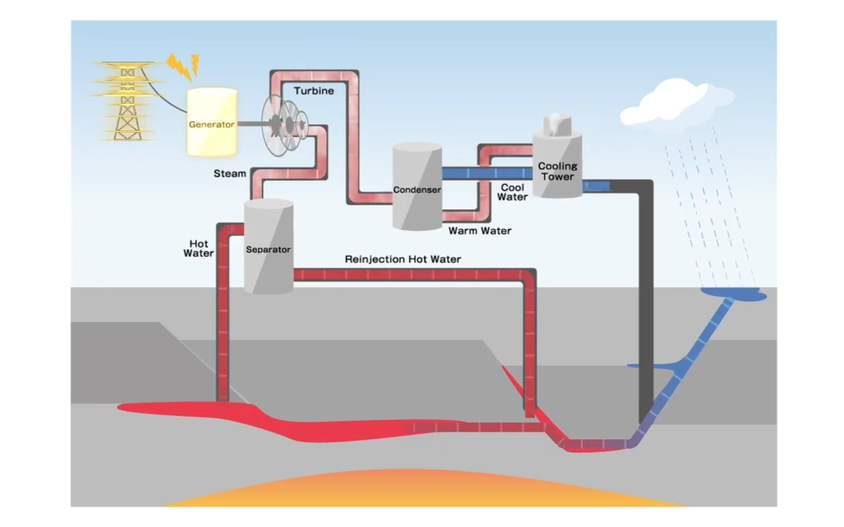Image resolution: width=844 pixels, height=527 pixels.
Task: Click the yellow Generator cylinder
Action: coord(212,122)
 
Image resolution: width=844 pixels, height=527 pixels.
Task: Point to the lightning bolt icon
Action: coord(182,66)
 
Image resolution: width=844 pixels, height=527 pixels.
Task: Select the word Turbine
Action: coord(314,91)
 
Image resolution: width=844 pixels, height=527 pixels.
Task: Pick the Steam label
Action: coord(229,173)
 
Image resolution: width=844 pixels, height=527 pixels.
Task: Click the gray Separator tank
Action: coord(268,247)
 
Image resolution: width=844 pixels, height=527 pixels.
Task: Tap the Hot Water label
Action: coord(198,248)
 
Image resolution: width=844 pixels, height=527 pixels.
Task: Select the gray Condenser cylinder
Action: coord(417,187)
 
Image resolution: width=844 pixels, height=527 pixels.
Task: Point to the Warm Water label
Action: coord(480,231)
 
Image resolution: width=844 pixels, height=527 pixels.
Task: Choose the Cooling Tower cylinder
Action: coord(557,165)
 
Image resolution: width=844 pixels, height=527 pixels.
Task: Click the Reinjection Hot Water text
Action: coord(403,259)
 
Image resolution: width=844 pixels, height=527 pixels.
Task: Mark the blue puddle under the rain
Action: coord(733,294)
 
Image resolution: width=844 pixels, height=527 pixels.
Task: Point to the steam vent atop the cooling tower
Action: coord(556,124)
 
